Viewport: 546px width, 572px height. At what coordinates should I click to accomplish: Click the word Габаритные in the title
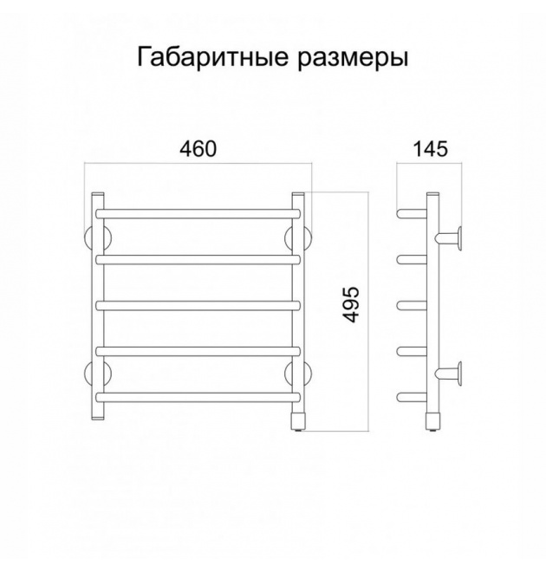pyautogui.click(x=212, y=57)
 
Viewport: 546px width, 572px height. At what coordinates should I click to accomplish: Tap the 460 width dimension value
pyautogui.click(x=198, y=148)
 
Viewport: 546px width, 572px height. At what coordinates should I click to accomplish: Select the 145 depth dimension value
pyautogui.click(x=430, y=148)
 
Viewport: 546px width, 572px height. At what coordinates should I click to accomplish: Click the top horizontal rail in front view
pyautogui.click(x=198, y=214)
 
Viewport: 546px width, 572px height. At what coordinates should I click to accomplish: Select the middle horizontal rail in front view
pyautogui.click(x=198, y=305)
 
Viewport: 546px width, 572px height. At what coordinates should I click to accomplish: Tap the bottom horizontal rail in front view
pyautogui.click(x=198, y=397)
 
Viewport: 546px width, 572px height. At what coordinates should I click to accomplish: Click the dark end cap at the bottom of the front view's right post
pyautogui.click(x=298, y=421)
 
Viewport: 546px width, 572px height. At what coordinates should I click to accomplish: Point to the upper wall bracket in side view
pyautogui.click(x=449, y=238)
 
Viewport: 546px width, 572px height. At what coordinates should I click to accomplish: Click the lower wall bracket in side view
pyautogui.click(x=449, y=374)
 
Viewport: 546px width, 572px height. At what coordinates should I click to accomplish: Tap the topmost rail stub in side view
pyautogui.click(x=412, y=214)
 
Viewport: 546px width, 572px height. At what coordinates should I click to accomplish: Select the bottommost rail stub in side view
pyautogui.click(x=412, y=397)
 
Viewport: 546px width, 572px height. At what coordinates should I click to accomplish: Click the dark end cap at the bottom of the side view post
pyautogui.click(x=433, y=421)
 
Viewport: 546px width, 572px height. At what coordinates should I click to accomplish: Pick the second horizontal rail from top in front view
pyautogui.click(x=198, y=260)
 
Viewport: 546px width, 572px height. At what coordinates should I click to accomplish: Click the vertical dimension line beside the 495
pyautogui.click(x=368, y=311)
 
